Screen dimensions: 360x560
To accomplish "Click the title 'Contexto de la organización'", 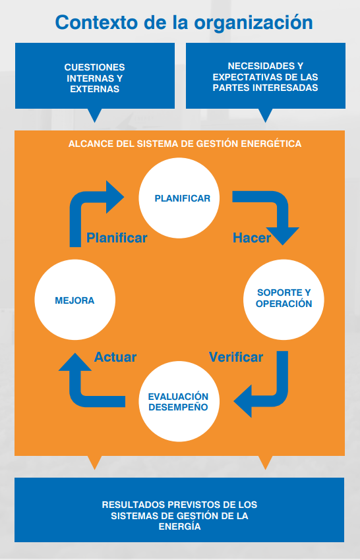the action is (x=184, y=23).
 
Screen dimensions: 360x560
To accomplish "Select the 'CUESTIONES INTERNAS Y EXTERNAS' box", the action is (x=95, y=76).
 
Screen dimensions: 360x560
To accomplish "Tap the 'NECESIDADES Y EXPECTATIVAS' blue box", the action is (x=266, y=76).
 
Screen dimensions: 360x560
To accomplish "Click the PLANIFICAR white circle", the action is (x=179, y=198).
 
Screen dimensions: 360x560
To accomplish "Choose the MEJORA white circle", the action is (x=75, y=300).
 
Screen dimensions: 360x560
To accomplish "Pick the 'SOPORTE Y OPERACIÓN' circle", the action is (x=284, y=300).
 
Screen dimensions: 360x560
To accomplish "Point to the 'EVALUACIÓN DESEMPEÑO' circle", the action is (x=179, y=401).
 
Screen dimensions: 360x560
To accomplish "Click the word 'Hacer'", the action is (x=252, y=238).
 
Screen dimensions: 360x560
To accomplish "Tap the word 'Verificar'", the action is (x=236, y=357).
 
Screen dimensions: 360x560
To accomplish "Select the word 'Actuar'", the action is (x=115, y=357).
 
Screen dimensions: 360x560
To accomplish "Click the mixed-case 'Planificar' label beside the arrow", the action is (x=117, y=238).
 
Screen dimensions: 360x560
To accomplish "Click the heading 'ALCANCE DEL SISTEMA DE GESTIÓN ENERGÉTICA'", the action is (x=185, y=144).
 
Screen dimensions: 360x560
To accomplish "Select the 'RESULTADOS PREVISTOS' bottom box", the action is (x=179, y=510).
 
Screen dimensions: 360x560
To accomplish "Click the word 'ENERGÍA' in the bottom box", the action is (x=179, y=527).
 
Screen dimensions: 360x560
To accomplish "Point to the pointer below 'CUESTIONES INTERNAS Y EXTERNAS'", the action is (x=95, y=115).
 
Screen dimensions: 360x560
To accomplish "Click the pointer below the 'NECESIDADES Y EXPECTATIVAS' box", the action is (x=266, y=115).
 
